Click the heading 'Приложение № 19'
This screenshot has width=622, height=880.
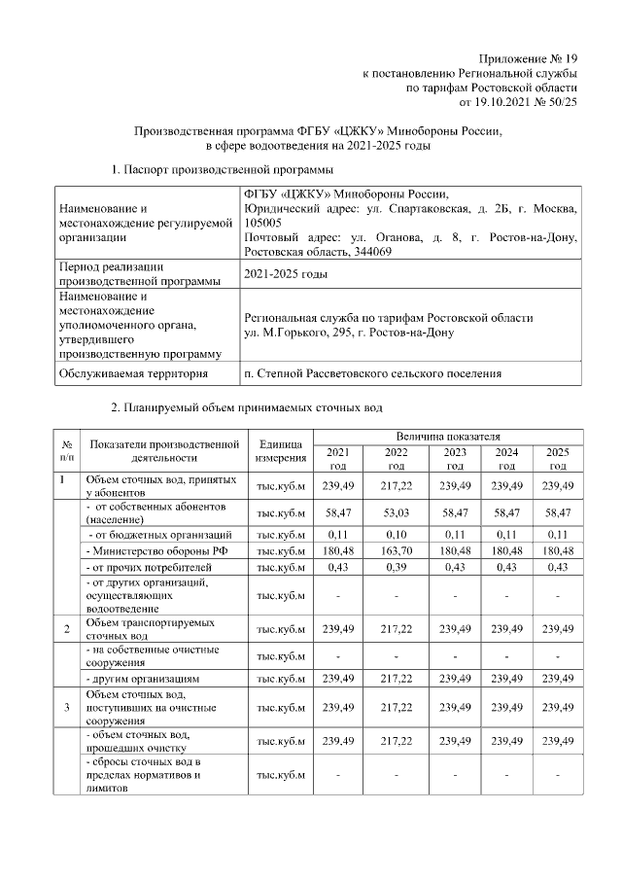tap(529, 58)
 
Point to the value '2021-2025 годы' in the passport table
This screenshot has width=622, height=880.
tap(286, 274)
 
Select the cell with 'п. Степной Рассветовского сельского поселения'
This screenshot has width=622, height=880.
tap(372, 372)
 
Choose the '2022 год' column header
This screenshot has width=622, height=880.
tap(396, 458)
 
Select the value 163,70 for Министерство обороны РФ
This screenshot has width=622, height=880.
tap(396, 550)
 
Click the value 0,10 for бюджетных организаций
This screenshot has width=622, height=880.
tap(396, 534)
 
